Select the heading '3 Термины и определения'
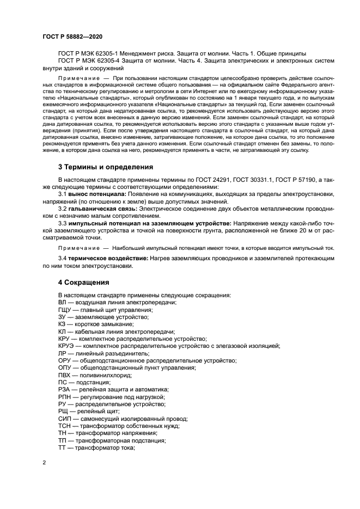tap(106, 167)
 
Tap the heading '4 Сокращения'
tap(84, 283)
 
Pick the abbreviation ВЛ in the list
tap(62, 302)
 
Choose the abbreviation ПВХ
tap(64, 375)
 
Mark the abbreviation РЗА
tap(64, 389)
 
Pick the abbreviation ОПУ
tap(65, 367)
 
